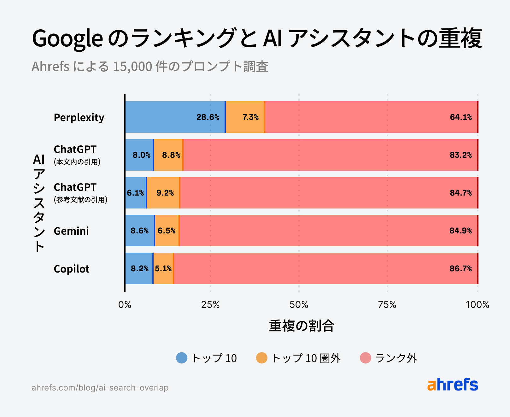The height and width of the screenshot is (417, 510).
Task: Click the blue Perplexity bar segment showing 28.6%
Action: (x=175, y=117)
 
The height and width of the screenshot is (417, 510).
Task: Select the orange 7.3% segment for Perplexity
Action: (x=245, y=117)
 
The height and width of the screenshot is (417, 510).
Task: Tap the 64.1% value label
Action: (x=461, y=117)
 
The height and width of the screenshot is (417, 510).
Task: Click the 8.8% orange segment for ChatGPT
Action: (x=168, y=155)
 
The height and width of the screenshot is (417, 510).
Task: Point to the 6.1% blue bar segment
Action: (x=136, y=193)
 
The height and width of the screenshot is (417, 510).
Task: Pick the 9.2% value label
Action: (x=165, y=193)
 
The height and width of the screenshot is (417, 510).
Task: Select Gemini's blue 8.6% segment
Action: (x=139, y=231)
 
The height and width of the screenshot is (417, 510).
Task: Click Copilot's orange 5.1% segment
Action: (x=163, y=268)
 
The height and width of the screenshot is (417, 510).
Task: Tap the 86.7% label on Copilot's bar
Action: (x=460, y=269)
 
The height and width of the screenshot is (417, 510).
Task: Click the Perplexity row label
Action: (x=79, y=117)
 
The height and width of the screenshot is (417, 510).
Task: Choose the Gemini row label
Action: (x=71, y=231)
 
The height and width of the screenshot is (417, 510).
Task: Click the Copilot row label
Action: (x=72, y=269)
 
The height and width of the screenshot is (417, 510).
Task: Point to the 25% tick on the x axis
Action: (x=210, y=305)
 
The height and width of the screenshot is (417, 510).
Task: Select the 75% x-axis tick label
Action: (x=387, y=305)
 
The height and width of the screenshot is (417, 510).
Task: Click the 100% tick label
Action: (x=478, y=305)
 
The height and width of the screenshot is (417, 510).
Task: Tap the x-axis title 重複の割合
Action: (x=302, y=326)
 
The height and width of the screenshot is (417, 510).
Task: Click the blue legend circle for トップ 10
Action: (x=182, y=358)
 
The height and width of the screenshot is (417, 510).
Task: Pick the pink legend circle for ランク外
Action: (x=366, y=358)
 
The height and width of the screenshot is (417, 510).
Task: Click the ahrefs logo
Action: (x=453, y=385)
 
